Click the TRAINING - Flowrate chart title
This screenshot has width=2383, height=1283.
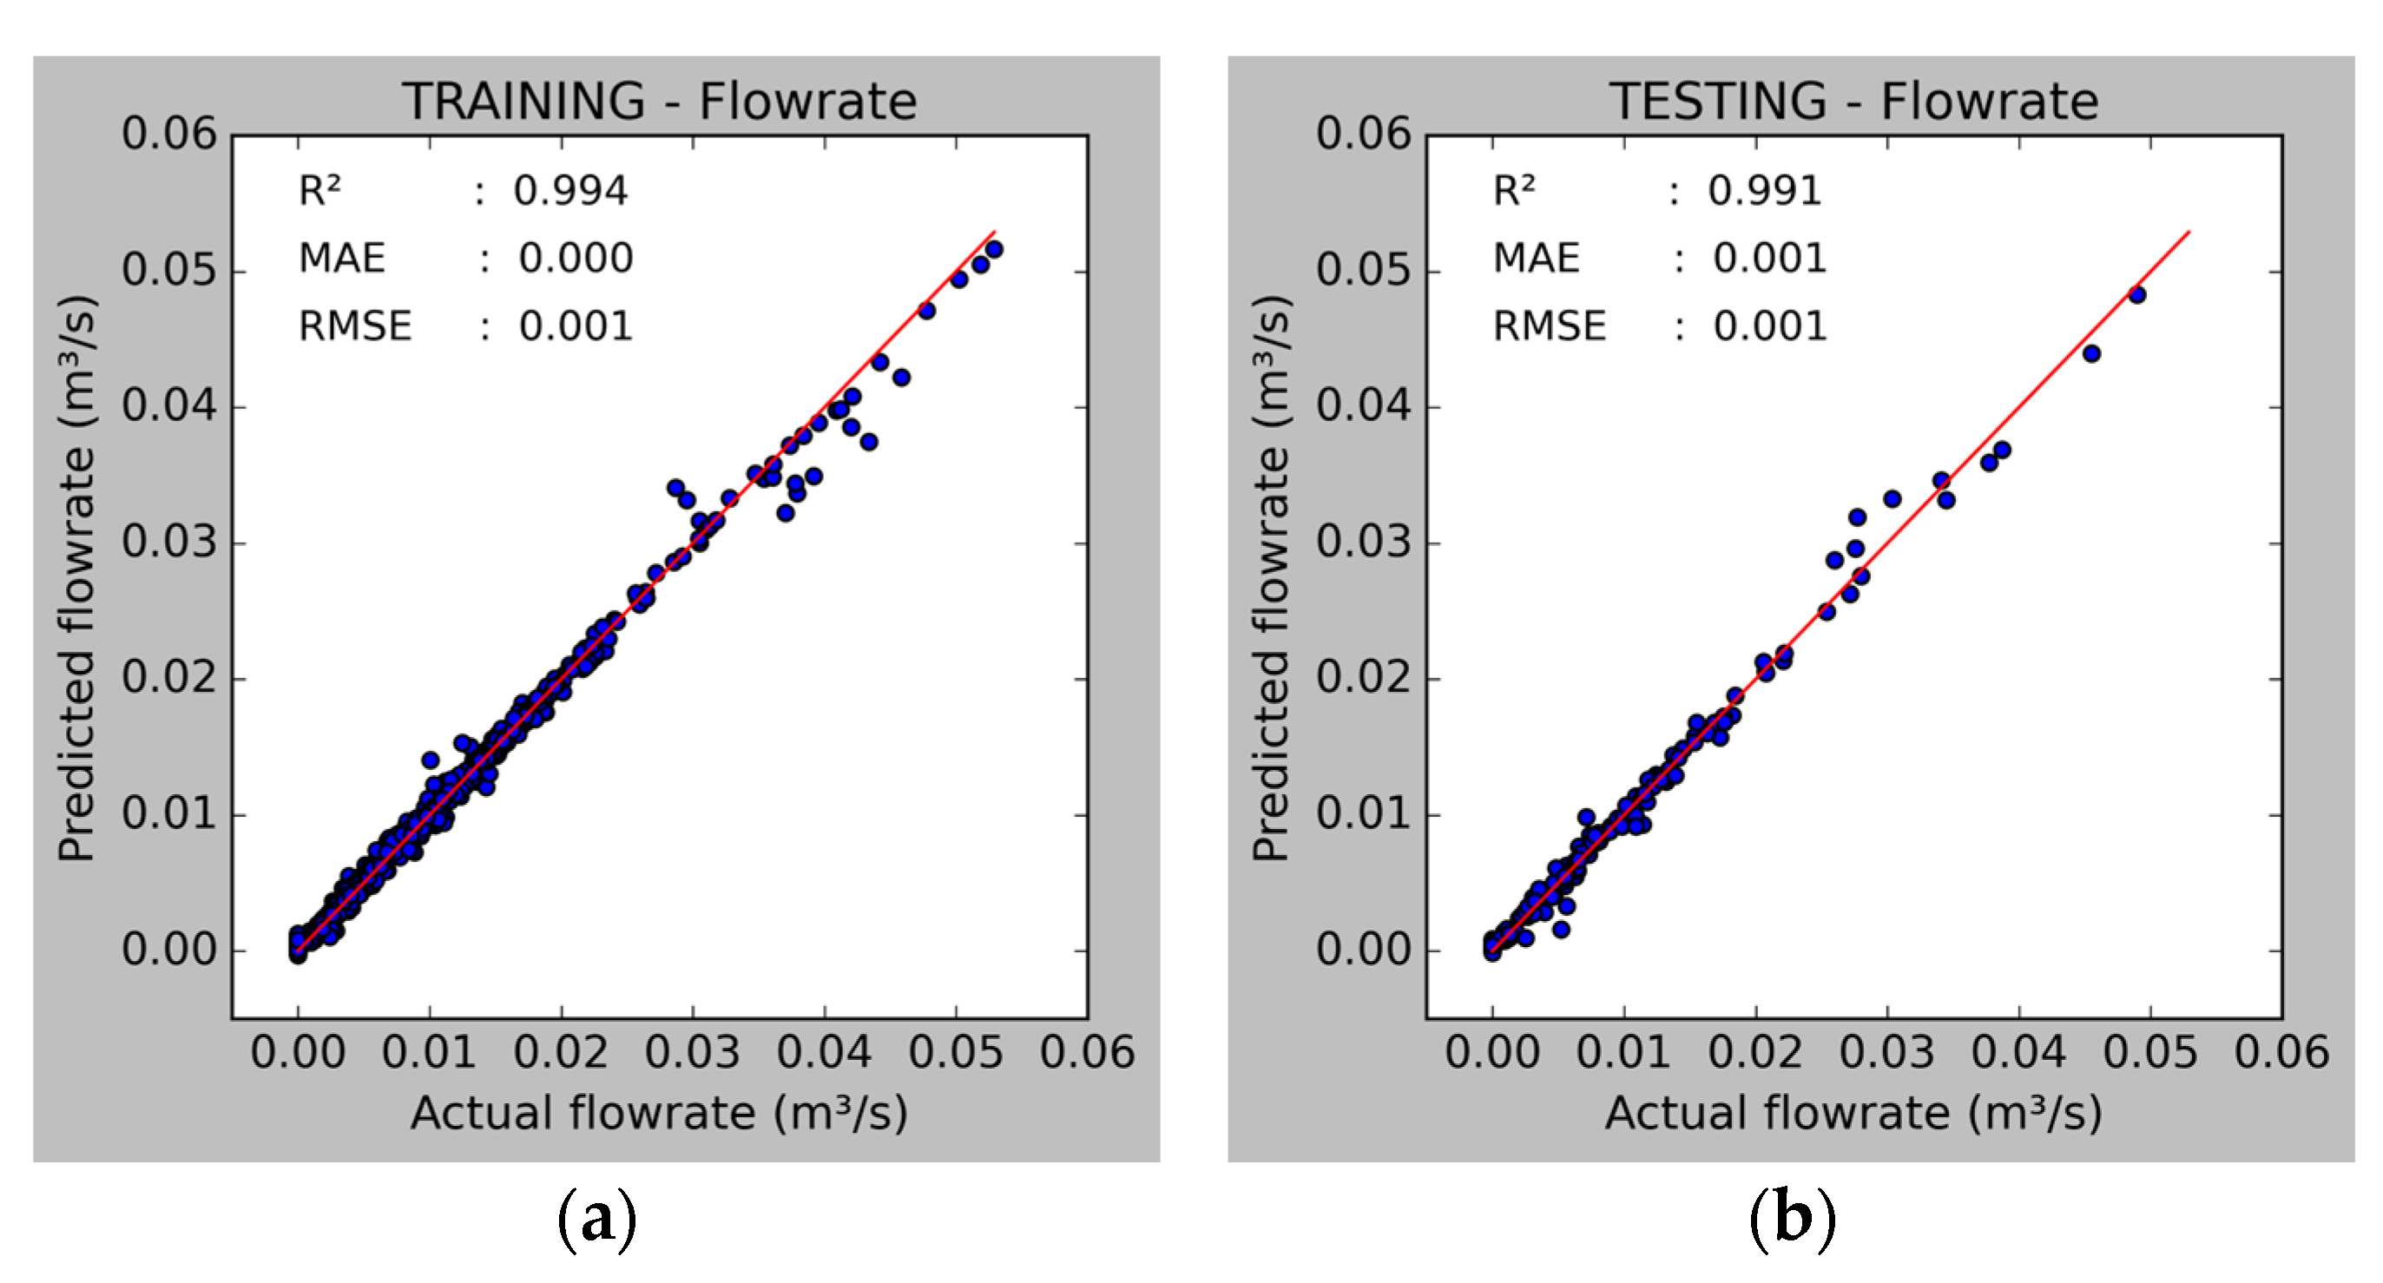659,101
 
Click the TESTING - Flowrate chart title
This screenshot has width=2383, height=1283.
1853,101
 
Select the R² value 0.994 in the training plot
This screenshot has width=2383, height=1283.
569,191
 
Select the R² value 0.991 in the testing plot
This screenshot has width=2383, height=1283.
1764,191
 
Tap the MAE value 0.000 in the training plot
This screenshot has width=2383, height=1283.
576,258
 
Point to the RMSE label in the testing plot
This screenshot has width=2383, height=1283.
1550,326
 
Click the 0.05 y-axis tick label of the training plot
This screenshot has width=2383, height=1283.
168,270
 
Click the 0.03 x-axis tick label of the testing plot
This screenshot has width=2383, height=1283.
1886,1053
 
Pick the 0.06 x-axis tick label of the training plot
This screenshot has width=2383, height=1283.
1087,1053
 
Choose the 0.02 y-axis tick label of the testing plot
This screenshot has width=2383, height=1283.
1364,677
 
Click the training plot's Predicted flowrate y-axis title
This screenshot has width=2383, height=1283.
76,579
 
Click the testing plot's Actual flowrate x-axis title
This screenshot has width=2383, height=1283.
1853,1113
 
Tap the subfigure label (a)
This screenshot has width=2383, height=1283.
596,1219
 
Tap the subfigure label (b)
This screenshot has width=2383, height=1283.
1792,1219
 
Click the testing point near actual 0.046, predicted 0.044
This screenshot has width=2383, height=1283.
2091,353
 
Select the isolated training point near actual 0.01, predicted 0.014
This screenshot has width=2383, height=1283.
431,760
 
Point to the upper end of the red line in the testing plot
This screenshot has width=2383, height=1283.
2189,232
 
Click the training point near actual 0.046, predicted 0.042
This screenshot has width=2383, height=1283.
901,378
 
